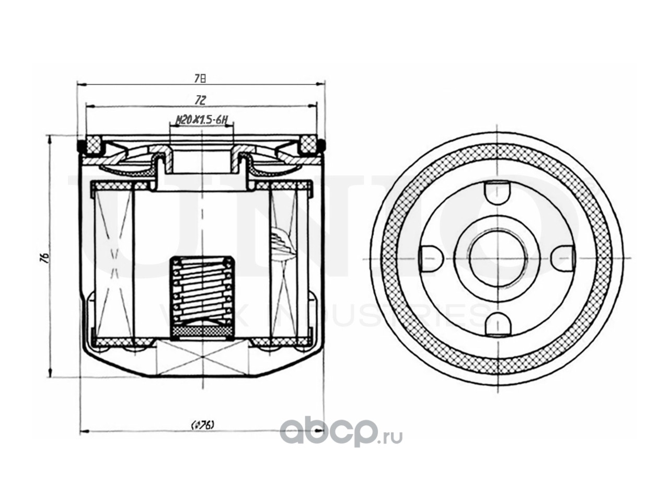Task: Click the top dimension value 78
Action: (x=200, y=78)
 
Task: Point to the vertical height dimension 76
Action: (x=46, y=257)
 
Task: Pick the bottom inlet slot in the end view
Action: (x=496, y=324)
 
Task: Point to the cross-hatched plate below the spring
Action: (x=203, y=332)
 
